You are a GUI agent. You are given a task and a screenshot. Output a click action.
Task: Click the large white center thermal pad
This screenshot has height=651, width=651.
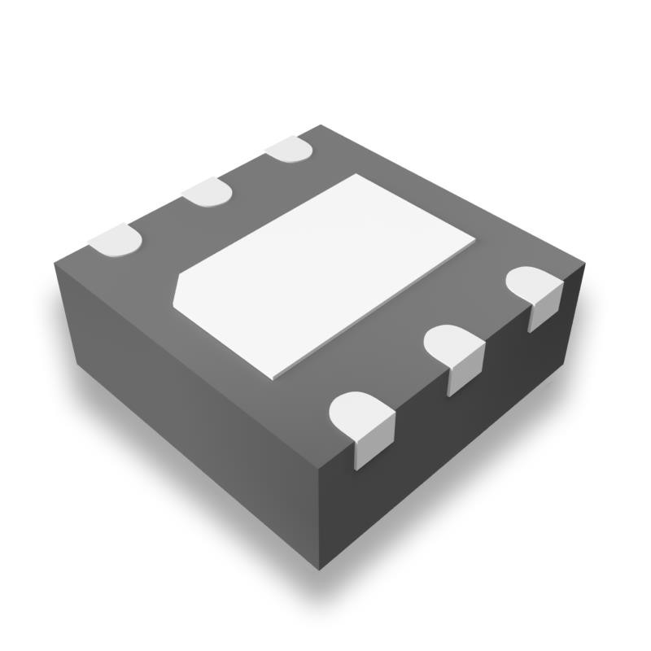coord(325,277)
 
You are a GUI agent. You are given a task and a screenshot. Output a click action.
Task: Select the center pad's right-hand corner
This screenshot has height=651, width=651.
coord(474,241)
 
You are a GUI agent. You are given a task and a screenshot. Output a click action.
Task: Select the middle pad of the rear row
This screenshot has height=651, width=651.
coord(207,192)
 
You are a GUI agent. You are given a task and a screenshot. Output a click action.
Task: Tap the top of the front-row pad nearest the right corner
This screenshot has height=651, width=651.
coord(532,285)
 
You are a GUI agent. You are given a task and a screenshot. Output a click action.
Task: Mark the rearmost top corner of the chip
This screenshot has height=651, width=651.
coord(321,125)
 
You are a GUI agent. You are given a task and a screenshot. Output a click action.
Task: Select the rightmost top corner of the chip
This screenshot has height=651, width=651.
coord(585,265)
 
